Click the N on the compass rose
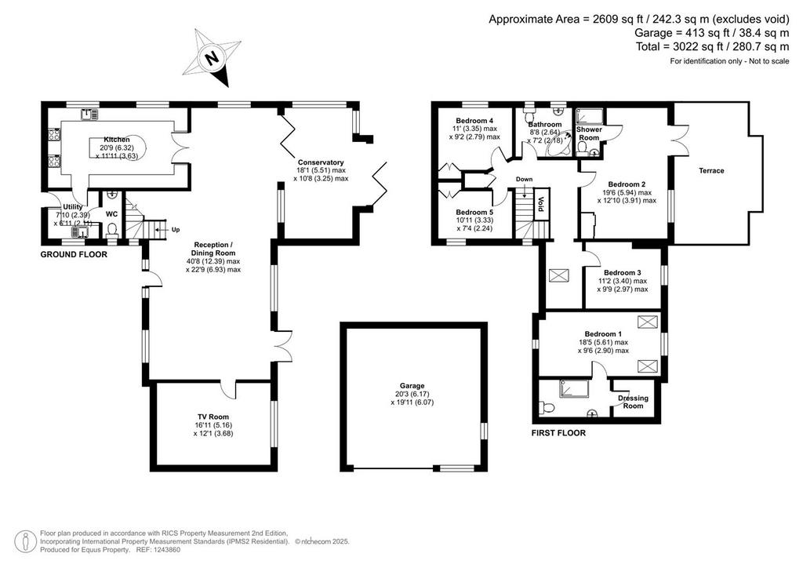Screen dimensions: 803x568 [x=210, y=58]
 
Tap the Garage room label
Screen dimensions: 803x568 [x=412, y=386]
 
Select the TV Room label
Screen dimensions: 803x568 [x=213, y=417]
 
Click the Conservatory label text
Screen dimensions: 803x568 [x=321, y=162]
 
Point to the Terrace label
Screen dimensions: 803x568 [x=711, y=170]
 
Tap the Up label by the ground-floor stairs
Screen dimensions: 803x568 [x=175, y=230]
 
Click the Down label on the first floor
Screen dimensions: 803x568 [x=524, y=179]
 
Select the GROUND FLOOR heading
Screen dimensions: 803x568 [x=74, y=254]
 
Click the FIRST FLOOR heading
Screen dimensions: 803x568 [x=558, y=433]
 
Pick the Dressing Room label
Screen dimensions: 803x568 [x=633, y=402]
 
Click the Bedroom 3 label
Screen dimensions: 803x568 [x=622, y=273]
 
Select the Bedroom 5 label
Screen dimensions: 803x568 [x=474, y=212]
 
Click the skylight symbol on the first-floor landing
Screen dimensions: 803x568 [x=557, y=275]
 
